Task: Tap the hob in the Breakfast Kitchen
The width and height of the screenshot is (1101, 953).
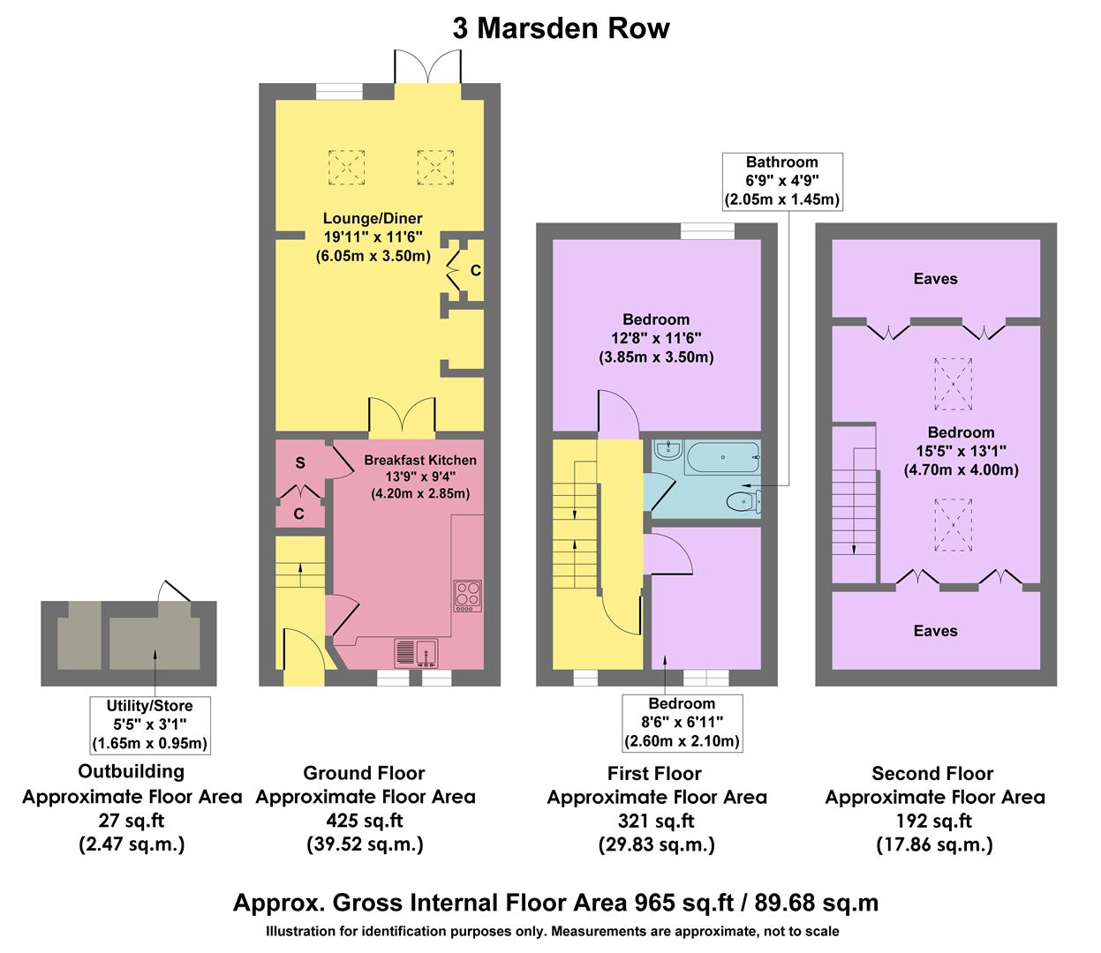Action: point(467,595)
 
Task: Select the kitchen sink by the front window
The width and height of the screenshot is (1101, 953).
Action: point(415,651)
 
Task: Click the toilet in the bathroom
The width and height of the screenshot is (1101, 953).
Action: point(739,502)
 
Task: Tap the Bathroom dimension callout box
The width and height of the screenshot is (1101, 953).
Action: point(781,181)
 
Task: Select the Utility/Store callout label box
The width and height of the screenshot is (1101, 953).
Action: point(149,724)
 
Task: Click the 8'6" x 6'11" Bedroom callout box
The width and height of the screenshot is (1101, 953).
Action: point(682,722)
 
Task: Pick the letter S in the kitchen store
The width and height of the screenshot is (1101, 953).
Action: point(300,462)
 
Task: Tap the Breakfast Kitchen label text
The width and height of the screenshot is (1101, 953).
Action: point(420,460)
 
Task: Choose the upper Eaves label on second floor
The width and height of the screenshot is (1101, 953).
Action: point(935,279)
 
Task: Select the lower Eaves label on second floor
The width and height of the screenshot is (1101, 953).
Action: point(935,630)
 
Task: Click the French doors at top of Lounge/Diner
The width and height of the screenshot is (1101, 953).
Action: point(427,67)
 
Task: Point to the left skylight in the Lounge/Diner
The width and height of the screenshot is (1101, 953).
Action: point(345,166)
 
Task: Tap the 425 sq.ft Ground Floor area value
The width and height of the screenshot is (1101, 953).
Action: point(365,821)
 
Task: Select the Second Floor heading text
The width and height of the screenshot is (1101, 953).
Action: point(932,774)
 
